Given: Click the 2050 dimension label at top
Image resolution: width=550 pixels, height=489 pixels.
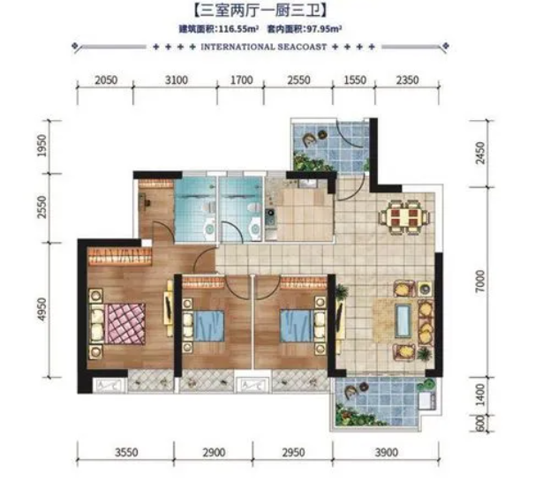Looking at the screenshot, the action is [106, 80].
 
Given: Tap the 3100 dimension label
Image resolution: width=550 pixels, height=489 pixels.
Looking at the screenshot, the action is [176, 80].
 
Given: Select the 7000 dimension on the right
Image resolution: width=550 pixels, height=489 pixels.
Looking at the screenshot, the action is [480, 281].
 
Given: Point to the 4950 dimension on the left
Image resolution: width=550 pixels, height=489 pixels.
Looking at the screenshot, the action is [42, 309].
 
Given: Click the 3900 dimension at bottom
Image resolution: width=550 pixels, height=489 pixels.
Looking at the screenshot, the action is [386, 453].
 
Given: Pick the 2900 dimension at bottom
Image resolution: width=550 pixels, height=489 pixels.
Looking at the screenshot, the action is [214, 453].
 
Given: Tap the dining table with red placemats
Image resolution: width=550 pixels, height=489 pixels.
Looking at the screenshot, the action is [404, 217].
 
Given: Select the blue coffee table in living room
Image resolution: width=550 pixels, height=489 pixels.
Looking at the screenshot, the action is [403, 320].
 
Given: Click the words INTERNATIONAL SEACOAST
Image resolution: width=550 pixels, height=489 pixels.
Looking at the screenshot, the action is [263, 47].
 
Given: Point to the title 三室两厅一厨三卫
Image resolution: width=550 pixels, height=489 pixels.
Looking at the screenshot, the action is [260, 11].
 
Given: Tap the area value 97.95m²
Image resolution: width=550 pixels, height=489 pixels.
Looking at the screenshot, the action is [325, 29].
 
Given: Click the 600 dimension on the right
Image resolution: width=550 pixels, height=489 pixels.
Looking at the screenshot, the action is [480, 424].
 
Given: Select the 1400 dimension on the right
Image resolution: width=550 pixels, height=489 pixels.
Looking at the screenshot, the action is [480, 395].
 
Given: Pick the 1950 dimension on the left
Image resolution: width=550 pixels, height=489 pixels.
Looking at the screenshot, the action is [42, 146].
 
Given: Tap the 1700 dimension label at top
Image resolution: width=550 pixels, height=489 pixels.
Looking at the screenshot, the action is [242, 80].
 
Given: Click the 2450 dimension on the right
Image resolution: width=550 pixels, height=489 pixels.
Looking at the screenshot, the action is [480, 153].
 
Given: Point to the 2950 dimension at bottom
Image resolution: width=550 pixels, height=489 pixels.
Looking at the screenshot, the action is [293, 453].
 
